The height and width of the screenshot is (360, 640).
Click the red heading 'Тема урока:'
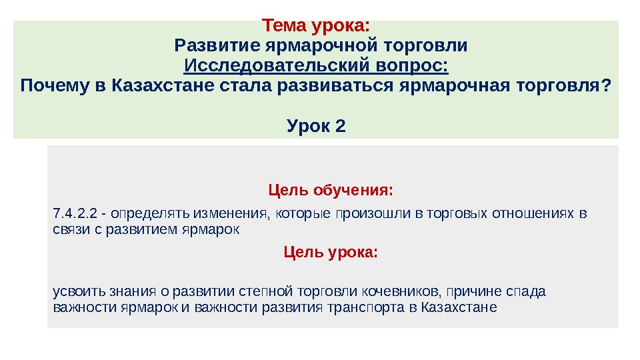pos(315,27)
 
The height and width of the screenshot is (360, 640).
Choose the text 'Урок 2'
pos(315,125)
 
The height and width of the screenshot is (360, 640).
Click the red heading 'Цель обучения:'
pos(331,191)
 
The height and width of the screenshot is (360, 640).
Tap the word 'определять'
pos(151,214)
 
